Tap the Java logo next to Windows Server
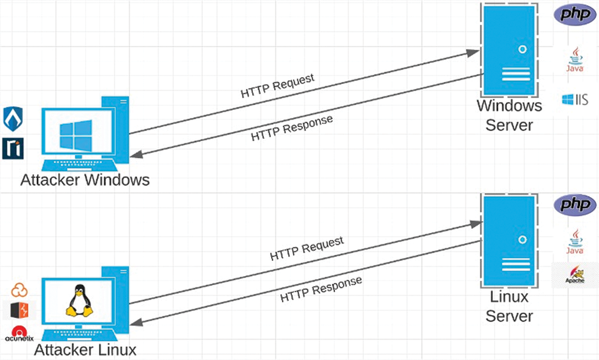[x=574, y=59]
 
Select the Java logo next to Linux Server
[x=574, y=241]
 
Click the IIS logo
[x=575, y=100]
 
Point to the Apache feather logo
[x=575, y=275]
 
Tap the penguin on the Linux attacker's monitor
[x=79, y=300]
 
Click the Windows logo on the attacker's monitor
[x=77, y=136]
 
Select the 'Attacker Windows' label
[x=85, y=180]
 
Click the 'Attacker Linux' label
[x=85, y=349]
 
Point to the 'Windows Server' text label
[x=509, y=115]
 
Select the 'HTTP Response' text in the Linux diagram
[x=321, y=289]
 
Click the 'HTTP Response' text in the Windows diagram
[x=292, y=128]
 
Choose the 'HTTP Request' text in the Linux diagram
[x=307, y=248]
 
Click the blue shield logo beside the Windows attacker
[x=13, y=119]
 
